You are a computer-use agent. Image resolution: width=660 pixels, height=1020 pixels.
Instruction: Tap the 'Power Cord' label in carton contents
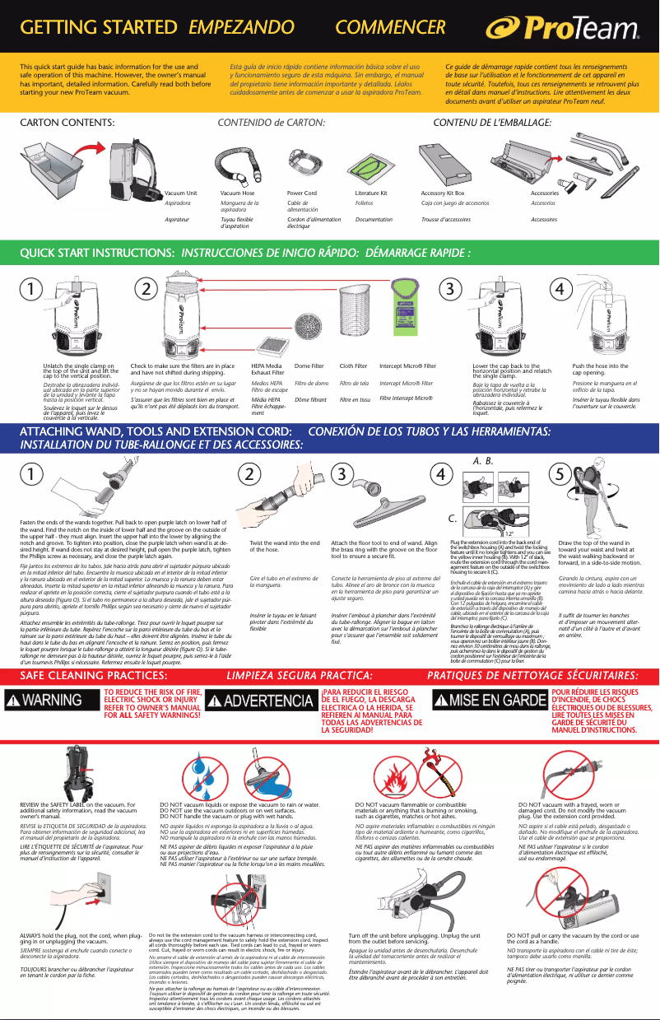coord(301,193)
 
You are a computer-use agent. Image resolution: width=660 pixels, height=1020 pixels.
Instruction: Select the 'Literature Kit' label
coord(371,193)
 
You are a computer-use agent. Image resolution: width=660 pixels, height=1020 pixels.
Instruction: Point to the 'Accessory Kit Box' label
coord(443,193)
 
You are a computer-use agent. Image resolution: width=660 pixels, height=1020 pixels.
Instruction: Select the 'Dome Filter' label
coord(309,365)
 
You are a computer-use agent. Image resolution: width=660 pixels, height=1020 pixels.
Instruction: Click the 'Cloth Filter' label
coord(352,365)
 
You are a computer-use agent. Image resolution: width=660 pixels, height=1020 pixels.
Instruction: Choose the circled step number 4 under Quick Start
coord(560,289)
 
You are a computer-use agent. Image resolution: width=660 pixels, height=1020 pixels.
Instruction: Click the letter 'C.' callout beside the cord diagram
coord(453,519)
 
